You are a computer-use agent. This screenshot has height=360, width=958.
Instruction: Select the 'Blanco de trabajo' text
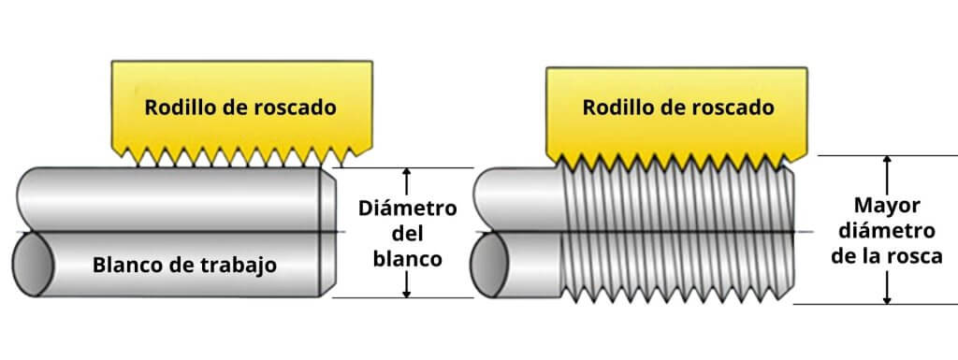(x=184, y=265)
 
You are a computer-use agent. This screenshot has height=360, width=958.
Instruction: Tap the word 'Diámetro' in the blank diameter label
(x=407, y=208)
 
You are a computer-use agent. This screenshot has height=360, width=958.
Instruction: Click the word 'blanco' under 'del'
(x=407, y=259)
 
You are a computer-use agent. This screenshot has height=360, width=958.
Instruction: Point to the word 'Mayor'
(x=888, y=205)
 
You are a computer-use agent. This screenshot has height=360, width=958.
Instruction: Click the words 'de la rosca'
(x=887, y=256)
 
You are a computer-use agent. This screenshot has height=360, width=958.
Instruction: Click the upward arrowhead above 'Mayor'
(x=887, y=162)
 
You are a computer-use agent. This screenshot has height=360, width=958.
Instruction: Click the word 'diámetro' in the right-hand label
(x=887, y=230)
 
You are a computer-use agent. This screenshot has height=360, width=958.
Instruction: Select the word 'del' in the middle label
(x=407, y=234)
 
